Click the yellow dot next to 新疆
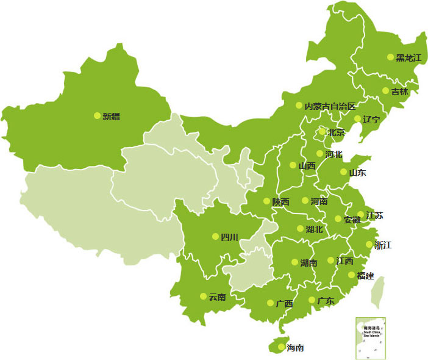tap(97, 115)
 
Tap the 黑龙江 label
tap(409, 58)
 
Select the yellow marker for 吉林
tap(385, 91)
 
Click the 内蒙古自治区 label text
tap(330, 106)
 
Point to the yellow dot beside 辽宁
tap(357, 119)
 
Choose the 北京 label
tap(336, 132)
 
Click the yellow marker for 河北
tap(319, 154)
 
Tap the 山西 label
tap(307, 165)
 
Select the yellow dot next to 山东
tap(344, 172)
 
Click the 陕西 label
tap(281, 201)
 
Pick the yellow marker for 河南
tap(305, 201)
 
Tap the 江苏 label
tap(375, 215)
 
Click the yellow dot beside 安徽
tap(338, 219)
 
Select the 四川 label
tap(229, 237)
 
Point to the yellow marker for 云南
tap(203, 297)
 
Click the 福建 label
tap(366, 276)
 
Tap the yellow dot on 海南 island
tap(280, 347)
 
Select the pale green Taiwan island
tap(379, 289)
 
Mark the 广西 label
tap(284, 303)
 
